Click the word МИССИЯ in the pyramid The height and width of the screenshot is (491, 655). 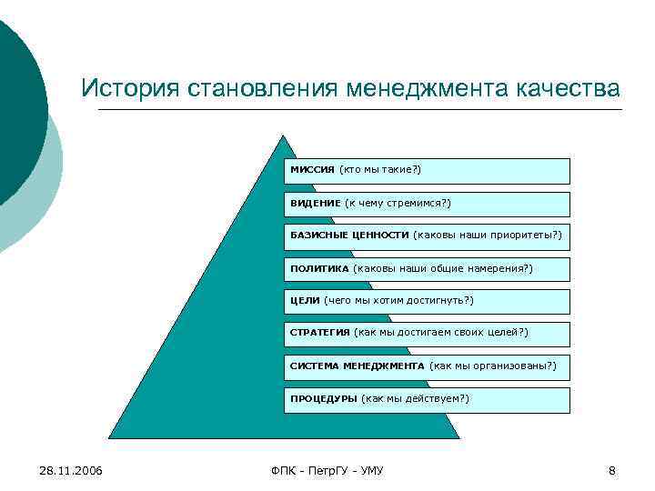pyautogui.click(x=312, y=170)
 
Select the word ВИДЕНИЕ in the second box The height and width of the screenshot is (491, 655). pyautogui.click(x=315, y=203)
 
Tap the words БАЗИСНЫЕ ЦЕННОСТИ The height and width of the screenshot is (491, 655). pyautogui.click(x=349, y=235)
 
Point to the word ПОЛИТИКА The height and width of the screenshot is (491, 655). pyautogui.click(x=319, y=268)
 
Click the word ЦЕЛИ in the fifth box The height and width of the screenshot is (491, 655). pyautogui.click(x=305, y=300)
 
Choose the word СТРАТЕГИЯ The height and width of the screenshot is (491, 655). pyautogui.click(x=319, y=333)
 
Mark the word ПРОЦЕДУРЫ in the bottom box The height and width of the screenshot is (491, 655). pyautogui.click(x=323, y=398)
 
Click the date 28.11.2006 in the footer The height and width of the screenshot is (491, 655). pyautogui.click(x=71, y=470)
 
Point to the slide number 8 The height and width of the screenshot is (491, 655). pyautogui.click(x=612, y=470)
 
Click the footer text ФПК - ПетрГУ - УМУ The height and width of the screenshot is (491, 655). pyautogui.click(x=327, y=470)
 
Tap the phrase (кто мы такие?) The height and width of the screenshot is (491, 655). pyautogui.click(x=379, y=170)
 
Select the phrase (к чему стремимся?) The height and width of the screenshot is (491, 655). pyautogui.click(x=398, y=203)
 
